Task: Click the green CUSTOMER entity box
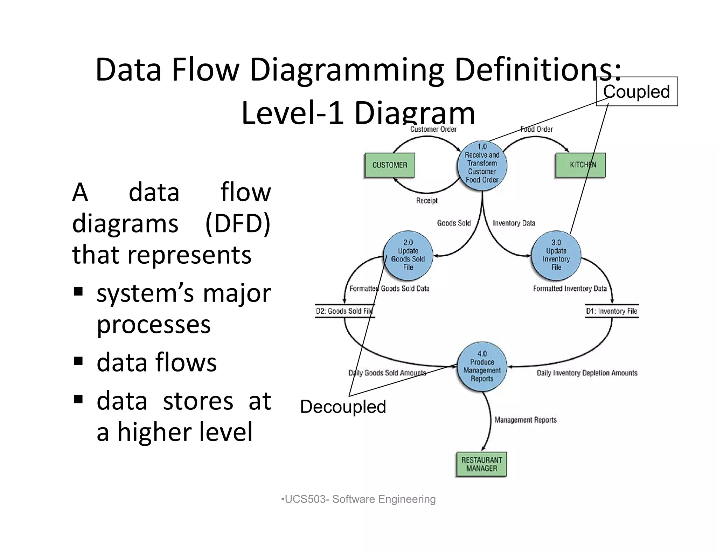click(x=390, y=165)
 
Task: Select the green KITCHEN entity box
click(x=580, y=165)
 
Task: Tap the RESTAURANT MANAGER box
click(x=481, y=464)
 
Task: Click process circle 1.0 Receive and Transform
click(x=482, y=166)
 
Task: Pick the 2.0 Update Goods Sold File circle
click(x=408, y=256)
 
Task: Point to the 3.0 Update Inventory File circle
click(x=556, y=256)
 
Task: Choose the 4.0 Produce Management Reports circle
click(x=482, y=366)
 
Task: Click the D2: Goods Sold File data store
click(x=344, y=311)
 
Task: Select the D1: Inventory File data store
click(x=612, y=311)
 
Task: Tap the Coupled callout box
click(x=637, y=91)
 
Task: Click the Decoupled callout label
click(x=343, y=407)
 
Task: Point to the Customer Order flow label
click(x=433, y=129)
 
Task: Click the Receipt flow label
click(x=427, y=201)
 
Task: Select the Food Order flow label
click(x=536, y=129)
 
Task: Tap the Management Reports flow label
click(x=525, y=420)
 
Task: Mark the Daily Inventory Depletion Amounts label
click(x=587, y=373)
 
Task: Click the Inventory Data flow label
click(x=514, y=223)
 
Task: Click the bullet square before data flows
click(x=78, y=361)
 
